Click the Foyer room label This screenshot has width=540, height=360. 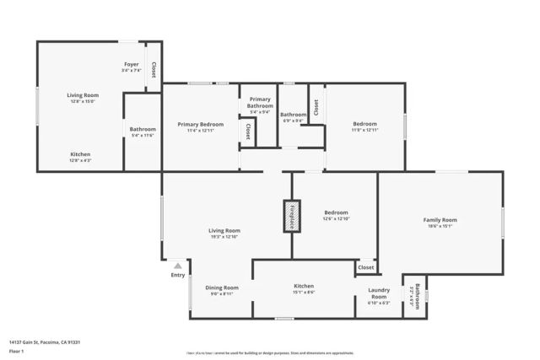131,64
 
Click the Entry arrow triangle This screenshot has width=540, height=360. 177,265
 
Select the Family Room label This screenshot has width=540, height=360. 440,220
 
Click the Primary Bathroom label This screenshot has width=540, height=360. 260,102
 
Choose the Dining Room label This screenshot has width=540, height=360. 222,287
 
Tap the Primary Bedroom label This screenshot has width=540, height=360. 200,124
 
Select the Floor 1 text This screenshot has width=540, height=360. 16,351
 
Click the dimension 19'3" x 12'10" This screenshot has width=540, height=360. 224,237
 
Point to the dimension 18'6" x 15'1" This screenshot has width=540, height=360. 440,226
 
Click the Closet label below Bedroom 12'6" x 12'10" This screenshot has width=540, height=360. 365,267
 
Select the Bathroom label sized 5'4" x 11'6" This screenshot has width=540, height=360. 143,129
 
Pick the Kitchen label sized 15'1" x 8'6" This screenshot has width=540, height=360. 304,287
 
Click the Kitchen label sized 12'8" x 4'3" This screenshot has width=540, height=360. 80,154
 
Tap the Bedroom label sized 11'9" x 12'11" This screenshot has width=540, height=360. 364,124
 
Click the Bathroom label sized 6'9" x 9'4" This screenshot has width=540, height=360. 294,115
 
